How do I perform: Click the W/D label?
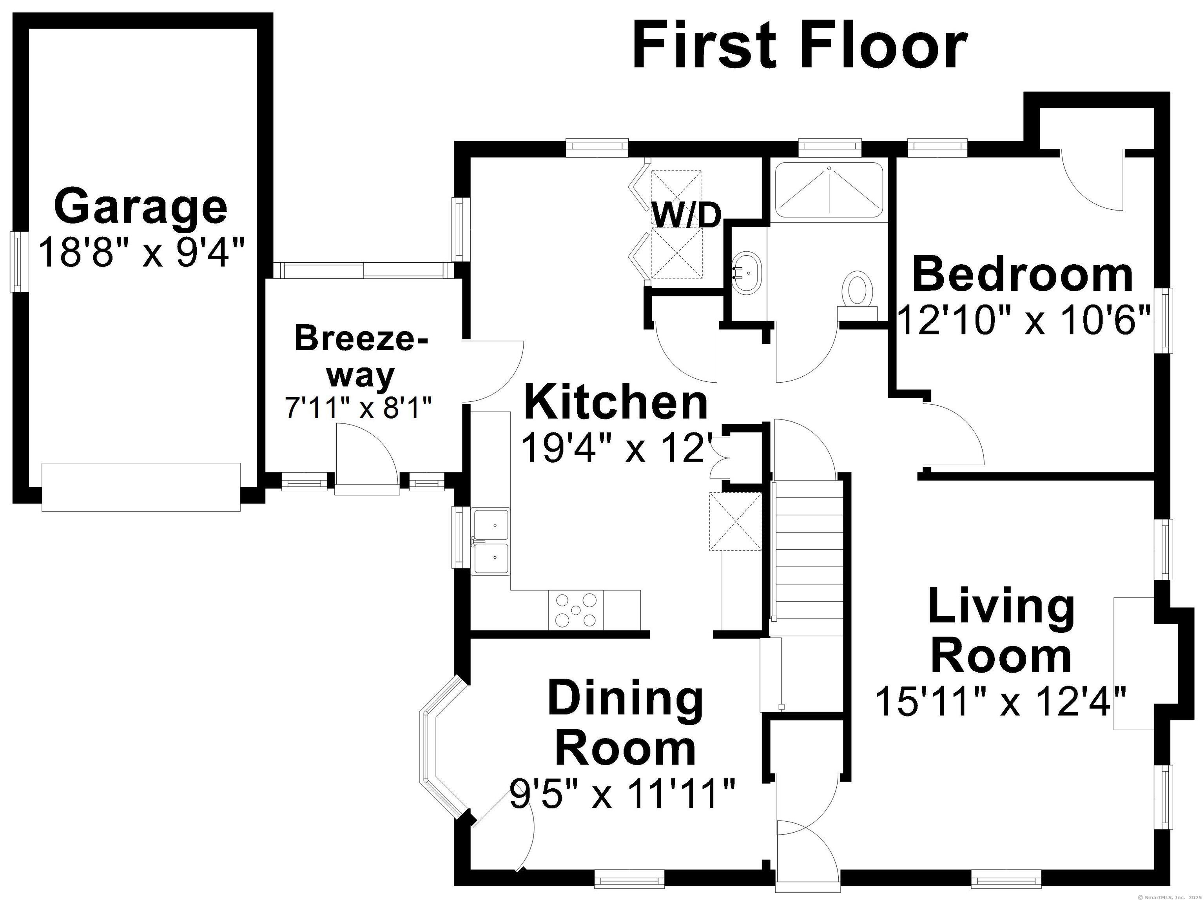(686, 215)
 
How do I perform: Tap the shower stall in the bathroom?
(829, 191)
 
